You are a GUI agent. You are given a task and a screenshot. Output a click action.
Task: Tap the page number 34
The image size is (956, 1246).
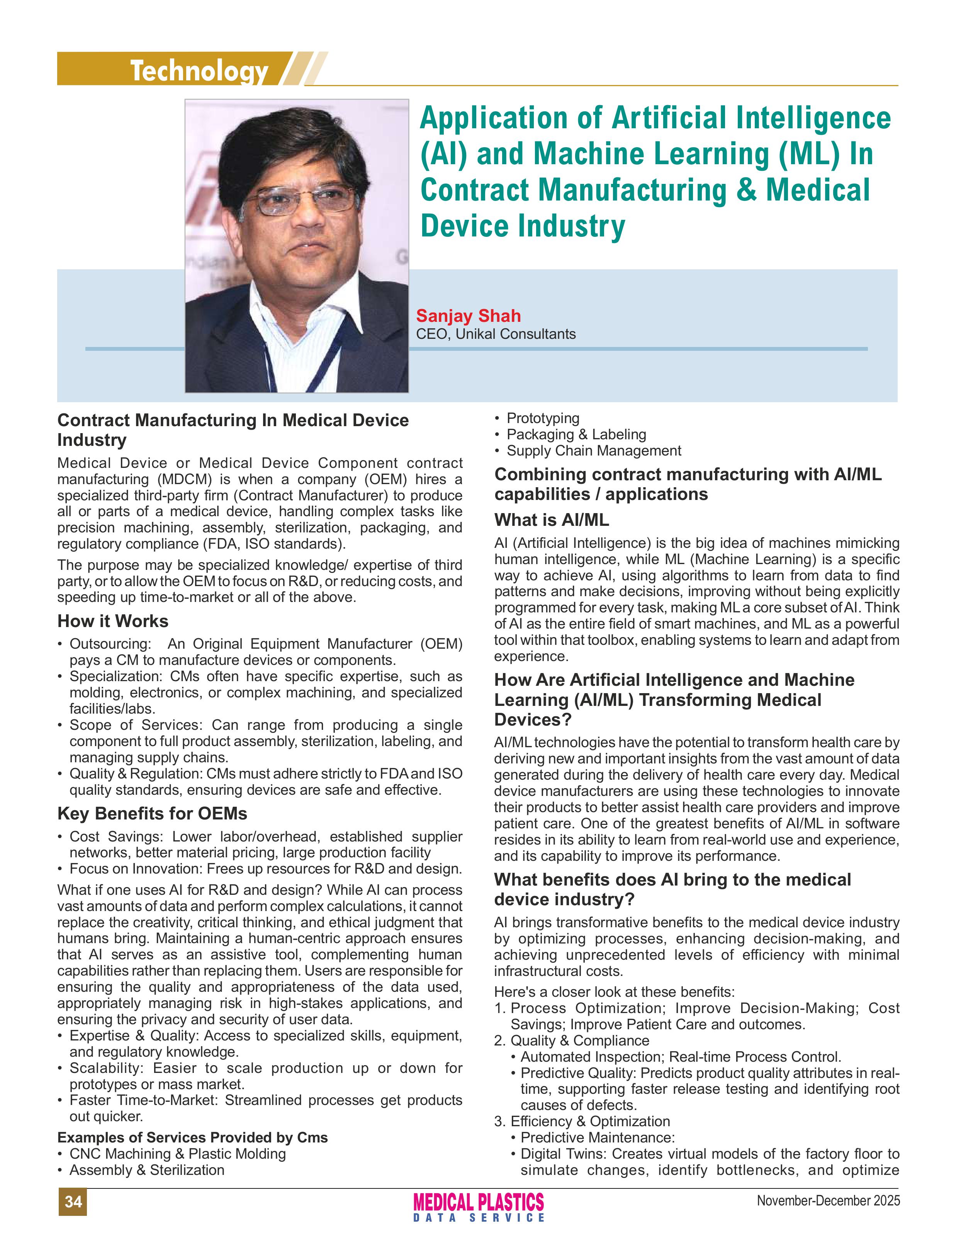[x=73, y=1201]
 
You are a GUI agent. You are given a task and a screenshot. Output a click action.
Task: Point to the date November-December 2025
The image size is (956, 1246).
[x=828, y=1200]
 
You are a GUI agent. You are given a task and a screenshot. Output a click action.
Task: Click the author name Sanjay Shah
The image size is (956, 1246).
[x=468, y=316]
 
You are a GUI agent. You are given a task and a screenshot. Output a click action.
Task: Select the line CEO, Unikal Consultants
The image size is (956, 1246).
[x=496, y=334]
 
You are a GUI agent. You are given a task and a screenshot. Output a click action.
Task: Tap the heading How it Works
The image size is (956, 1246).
[x=113, y=621]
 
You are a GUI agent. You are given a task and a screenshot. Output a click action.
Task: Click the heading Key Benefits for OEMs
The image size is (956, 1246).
[x=152, y=813]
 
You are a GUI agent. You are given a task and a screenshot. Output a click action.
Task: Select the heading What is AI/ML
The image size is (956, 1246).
[x=552, y=520]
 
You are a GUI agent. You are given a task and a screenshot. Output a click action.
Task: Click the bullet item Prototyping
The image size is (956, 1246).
[x=543, y=418]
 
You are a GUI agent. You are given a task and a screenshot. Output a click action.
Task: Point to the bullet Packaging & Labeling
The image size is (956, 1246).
[x=576, y=434]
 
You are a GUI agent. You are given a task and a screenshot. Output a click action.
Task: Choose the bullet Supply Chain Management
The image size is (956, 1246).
[x=594, y=451]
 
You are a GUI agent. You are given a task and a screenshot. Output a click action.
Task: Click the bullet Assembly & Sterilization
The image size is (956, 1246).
[x=147, y=1170]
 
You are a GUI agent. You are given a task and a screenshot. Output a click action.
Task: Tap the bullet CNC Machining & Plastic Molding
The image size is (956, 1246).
[x=178, y=1154]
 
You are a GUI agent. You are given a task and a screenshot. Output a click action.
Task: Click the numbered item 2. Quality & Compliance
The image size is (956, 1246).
[x=572, y=1040]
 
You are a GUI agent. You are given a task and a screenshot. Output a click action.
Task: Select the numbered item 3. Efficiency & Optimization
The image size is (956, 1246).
[x=582, y=1121]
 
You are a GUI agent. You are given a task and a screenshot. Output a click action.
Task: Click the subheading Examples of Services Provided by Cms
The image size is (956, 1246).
[x=192, y=1137]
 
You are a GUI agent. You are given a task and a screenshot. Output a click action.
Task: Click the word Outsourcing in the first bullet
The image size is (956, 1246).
[x=109, y=644]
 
